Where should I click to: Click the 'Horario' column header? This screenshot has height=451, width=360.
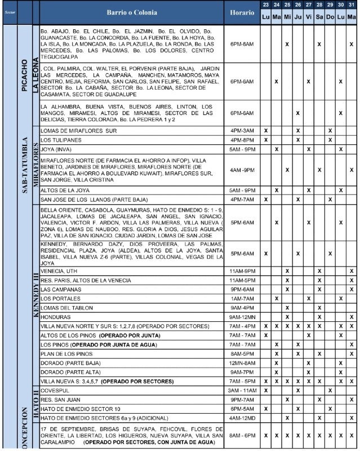point(242,12)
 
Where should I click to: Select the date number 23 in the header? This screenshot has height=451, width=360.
point(265,5)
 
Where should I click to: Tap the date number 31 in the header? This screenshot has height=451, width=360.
point(351,5)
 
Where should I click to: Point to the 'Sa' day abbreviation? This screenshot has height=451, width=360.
point(319,17)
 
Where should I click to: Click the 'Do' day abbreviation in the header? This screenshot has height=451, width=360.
point(330,17)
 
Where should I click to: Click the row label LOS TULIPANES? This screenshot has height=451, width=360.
point(59,140)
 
